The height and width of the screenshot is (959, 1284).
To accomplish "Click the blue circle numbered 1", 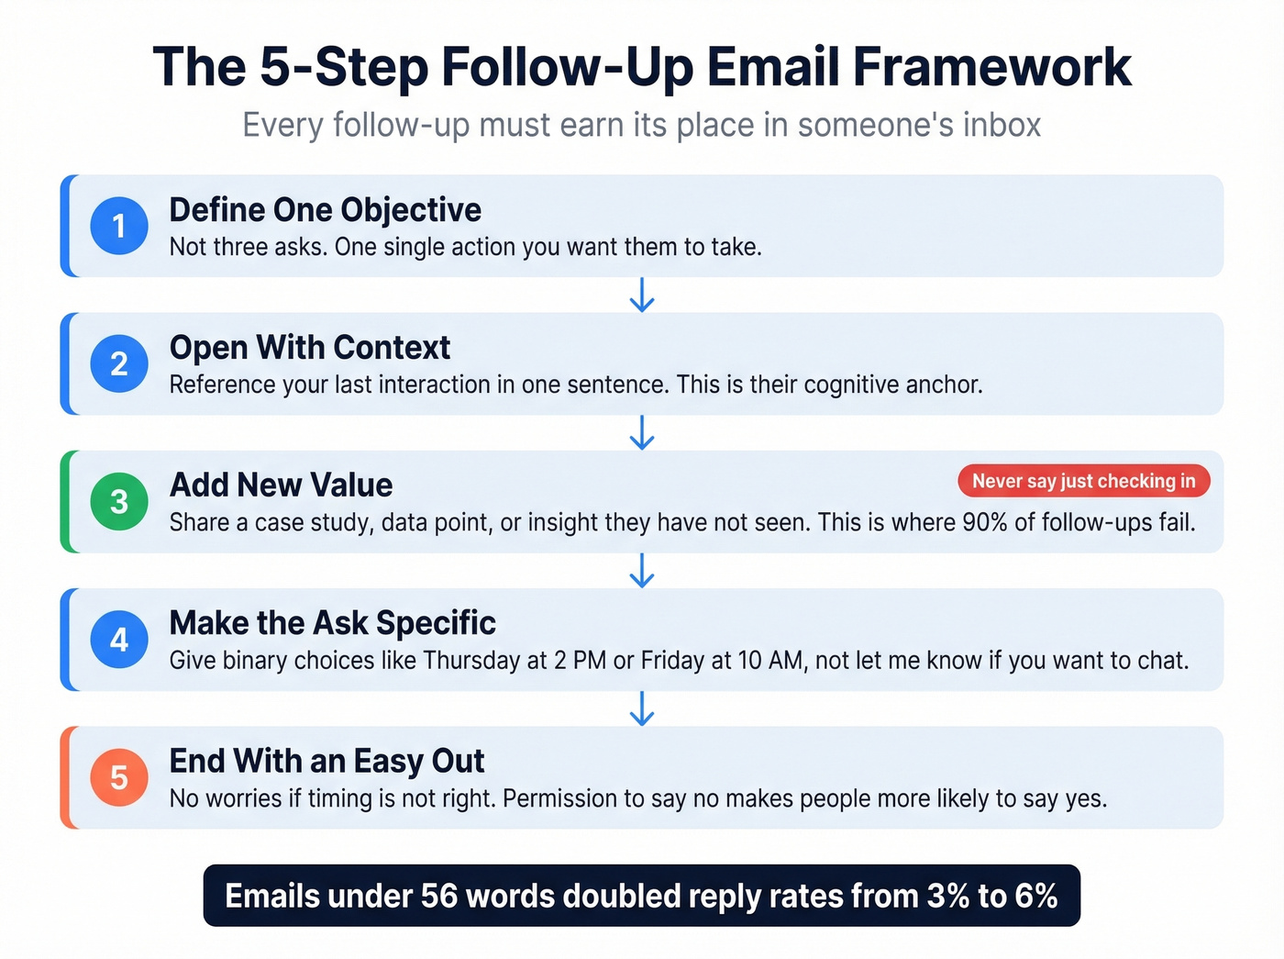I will [119, 226].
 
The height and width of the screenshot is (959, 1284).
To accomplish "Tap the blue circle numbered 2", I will [119, 364].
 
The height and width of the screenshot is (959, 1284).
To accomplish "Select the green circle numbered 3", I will [119, 502].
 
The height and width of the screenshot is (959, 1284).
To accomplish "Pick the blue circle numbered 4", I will [119, 640].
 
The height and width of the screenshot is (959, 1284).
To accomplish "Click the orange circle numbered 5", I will [119, 777].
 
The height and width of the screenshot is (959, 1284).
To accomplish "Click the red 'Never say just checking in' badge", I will [1083, 481].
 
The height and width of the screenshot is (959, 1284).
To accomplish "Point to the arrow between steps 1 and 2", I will [642, 295].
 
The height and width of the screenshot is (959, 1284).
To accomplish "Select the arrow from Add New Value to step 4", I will [642, 570].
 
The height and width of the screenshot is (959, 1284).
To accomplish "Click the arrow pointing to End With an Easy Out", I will [642, 708].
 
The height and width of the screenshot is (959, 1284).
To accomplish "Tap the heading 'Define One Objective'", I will [325, 210].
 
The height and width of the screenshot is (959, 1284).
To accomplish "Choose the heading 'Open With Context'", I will [309, 348].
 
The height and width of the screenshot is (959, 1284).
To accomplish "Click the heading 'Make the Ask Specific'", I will [332, 623].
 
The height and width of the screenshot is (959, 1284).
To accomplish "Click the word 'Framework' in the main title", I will [991, 67].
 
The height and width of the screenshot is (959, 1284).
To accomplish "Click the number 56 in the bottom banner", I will [439, 897].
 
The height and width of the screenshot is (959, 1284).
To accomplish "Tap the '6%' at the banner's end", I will [1036, 897].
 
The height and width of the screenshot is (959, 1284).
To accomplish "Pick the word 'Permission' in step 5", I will [560, 798].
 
